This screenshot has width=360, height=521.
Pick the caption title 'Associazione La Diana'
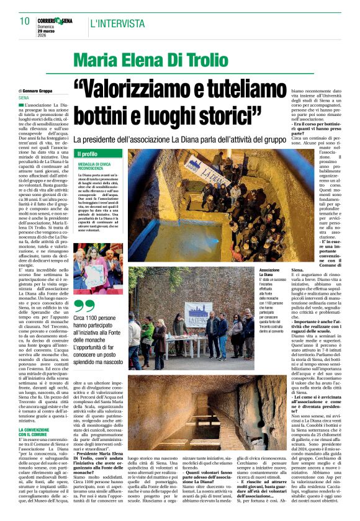[269, 274]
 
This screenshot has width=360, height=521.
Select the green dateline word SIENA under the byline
[24, 98]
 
